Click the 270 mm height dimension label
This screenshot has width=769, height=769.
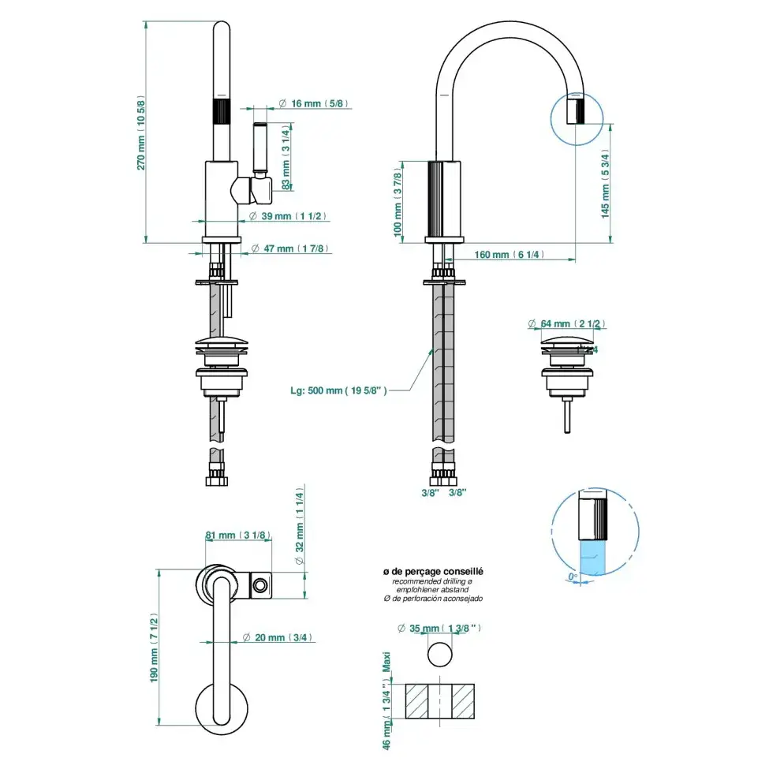point(140,133)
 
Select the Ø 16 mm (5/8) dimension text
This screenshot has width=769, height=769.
point(313,103)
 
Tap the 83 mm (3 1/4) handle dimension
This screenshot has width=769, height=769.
point(286,157)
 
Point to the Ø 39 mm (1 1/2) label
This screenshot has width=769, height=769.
point(287,216)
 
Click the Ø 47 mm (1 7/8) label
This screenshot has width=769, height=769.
point(289,248)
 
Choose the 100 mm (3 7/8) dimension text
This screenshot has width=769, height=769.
point(398,203)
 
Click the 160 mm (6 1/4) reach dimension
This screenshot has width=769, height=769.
point(509,255)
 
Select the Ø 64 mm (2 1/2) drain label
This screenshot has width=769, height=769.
point(566,323)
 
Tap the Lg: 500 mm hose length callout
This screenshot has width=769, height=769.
point(338,390)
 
